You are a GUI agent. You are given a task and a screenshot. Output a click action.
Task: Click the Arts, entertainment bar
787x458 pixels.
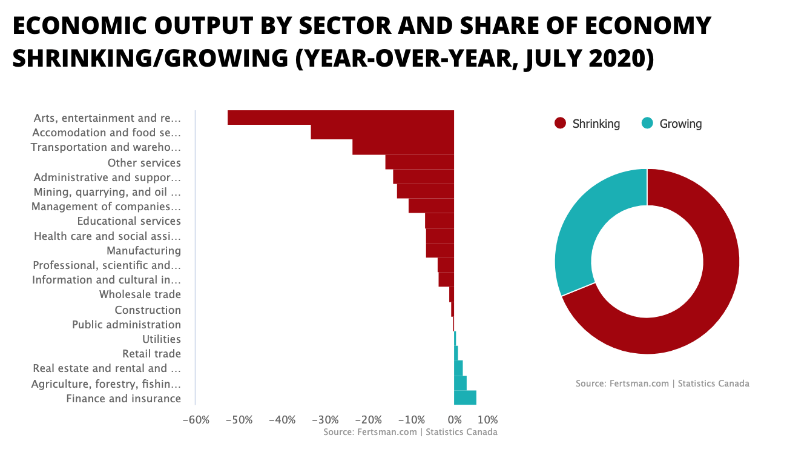tap(340, 118)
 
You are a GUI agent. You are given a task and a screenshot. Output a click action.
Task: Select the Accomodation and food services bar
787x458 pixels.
tap(382, 132)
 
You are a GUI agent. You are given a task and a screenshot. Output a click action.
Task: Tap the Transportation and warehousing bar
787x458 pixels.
tap(403, 147)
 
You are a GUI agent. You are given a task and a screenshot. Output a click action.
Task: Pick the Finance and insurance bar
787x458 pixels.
tap(465, 397)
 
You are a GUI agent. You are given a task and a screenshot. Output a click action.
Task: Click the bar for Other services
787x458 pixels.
tap(420, 162)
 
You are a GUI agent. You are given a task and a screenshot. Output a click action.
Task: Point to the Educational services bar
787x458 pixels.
tap(440, 221)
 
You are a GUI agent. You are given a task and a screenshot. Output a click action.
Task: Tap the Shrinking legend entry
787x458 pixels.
tap(587, 124)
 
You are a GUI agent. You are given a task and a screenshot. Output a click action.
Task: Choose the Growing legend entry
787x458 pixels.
tap(672, 124)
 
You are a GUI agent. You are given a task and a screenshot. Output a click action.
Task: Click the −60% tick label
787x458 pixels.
tap(196, 420)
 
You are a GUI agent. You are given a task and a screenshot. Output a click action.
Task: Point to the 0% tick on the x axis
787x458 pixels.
tap(454, 420)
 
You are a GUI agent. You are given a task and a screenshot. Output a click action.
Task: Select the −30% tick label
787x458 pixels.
tap(325, 420)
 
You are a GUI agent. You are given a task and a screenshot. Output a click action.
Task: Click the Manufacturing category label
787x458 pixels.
tap(143, 250)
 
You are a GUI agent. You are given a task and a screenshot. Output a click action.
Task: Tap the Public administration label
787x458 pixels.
tap(127, 324)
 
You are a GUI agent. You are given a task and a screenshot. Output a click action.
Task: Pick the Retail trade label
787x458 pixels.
tap(151, 353)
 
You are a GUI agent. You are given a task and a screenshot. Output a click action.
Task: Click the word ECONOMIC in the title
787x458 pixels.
tap(85, 26)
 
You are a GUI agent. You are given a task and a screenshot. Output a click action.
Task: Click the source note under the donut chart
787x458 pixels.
tap(662, 383)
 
